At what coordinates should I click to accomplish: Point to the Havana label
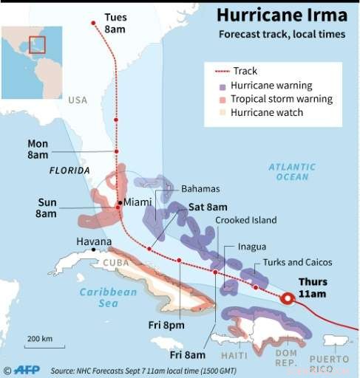click(94, 241)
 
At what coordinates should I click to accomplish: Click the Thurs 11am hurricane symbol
click(288, 298)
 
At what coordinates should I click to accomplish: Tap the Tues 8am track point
click(92, 23)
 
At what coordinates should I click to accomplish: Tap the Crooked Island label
click(246, 220)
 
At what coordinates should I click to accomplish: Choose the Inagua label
click(253, 247)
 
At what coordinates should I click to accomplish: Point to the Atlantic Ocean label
click(293, 172)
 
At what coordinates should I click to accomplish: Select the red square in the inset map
click(37, 44)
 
